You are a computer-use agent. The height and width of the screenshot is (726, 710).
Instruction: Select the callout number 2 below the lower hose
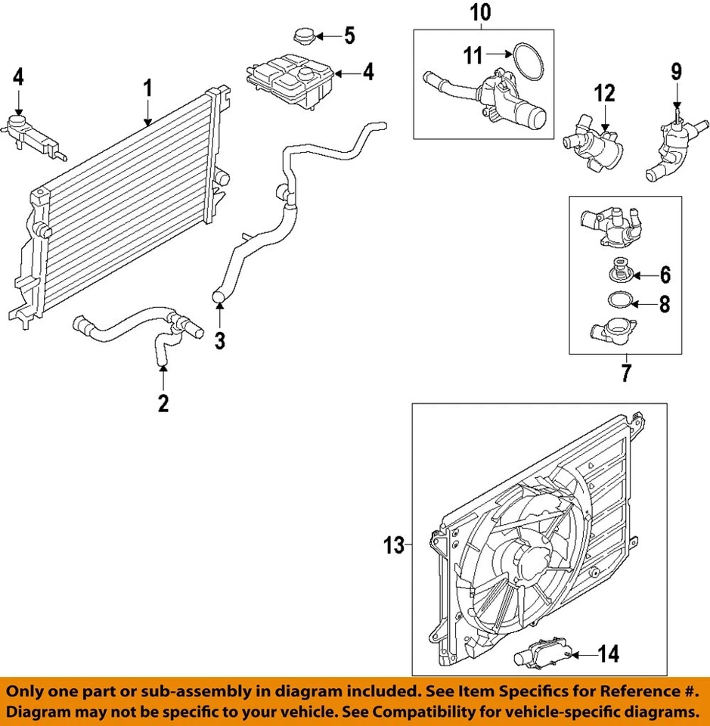163,403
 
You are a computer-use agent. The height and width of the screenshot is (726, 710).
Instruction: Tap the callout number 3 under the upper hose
219,340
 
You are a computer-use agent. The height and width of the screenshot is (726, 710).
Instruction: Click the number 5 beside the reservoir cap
349,35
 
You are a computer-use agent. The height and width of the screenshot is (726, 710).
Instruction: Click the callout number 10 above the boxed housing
481,12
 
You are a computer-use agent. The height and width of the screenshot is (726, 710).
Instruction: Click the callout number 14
608,653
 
